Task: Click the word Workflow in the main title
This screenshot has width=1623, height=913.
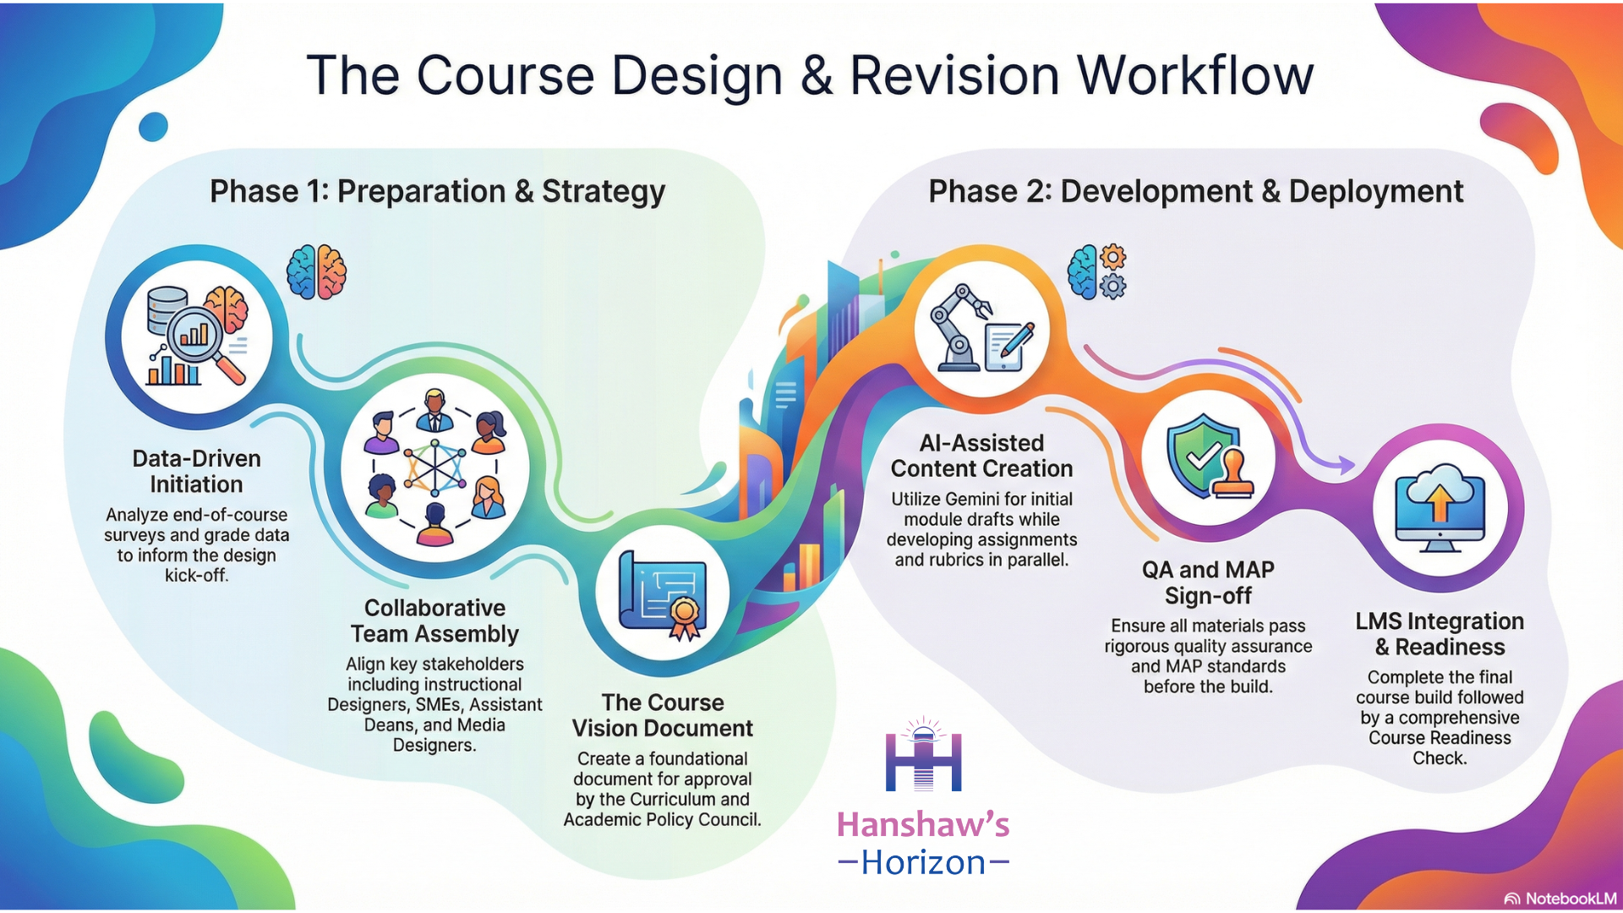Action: [x=1195, y=75]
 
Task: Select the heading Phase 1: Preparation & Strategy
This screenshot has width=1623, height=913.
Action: [x=438, y=192]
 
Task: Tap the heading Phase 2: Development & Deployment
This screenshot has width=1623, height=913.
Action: [x=1196, y=192]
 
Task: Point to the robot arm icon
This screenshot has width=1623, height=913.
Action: [x=960, y=328]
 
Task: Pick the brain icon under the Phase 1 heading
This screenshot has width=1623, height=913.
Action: [x=317, y=272]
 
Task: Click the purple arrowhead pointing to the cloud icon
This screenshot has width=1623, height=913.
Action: [x=1343, y=464]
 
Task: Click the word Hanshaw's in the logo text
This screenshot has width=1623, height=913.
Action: [x=923, y=824]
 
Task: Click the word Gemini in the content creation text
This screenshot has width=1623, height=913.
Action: [x=1004, y=500]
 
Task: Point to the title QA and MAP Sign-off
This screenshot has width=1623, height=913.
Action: [x=1208, y=582]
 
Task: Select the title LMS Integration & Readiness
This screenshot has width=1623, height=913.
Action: [x=1440, y=634]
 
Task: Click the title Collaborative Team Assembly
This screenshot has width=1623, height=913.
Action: [x=434, y=621]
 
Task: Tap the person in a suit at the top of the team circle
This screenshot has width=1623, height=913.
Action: [x=434, y=411]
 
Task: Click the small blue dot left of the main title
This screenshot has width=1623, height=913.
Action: [x=153, y=127]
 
